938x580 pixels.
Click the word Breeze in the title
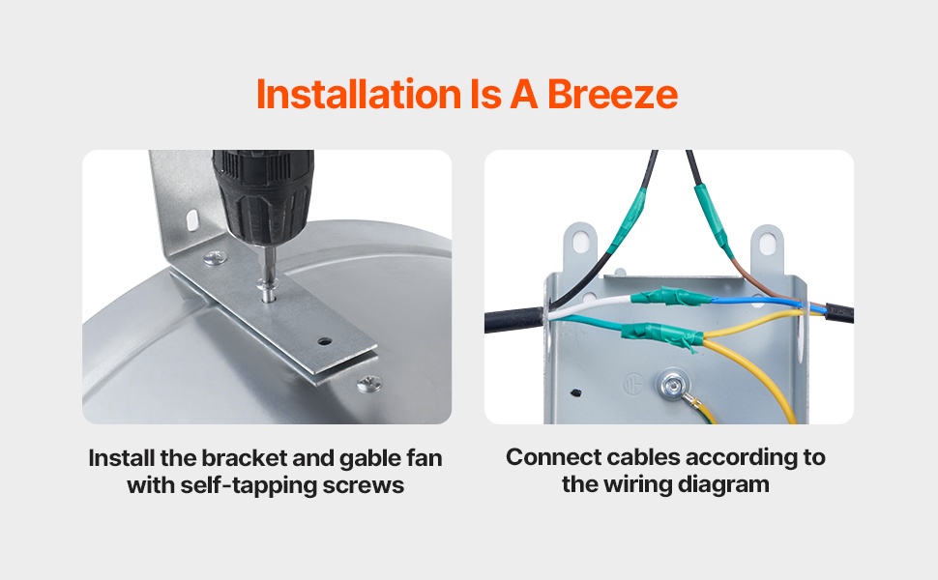612,94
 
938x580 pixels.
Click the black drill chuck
263,196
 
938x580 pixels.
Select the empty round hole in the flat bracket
325,342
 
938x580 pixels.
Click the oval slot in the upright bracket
192,220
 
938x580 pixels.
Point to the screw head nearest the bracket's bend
215,258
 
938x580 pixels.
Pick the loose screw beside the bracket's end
369,383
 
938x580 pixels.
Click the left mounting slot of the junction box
579,243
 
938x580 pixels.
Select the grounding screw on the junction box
672,383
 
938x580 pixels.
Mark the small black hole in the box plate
576,393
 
